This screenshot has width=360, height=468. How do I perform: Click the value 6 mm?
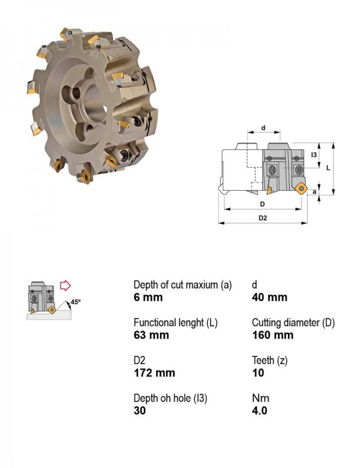(148, 297)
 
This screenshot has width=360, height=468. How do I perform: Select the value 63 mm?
(151, 335)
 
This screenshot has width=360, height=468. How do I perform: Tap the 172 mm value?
(154, 373)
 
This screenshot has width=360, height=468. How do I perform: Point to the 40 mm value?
(269, 297)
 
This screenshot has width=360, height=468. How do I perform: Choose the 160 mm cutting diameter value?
(272, 335)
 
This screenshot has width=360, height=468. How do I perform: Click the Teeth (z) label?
(269, 361)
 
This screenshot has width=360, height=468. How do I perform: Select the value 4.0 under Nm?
(259, 410)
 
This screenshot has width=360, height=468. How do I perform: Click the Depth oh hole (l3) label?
(170, 398)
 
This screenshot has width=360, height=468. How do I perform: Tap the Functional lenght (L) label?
(176, 323)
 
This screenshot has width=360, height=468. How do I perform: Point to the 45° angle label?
(76, 302)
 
